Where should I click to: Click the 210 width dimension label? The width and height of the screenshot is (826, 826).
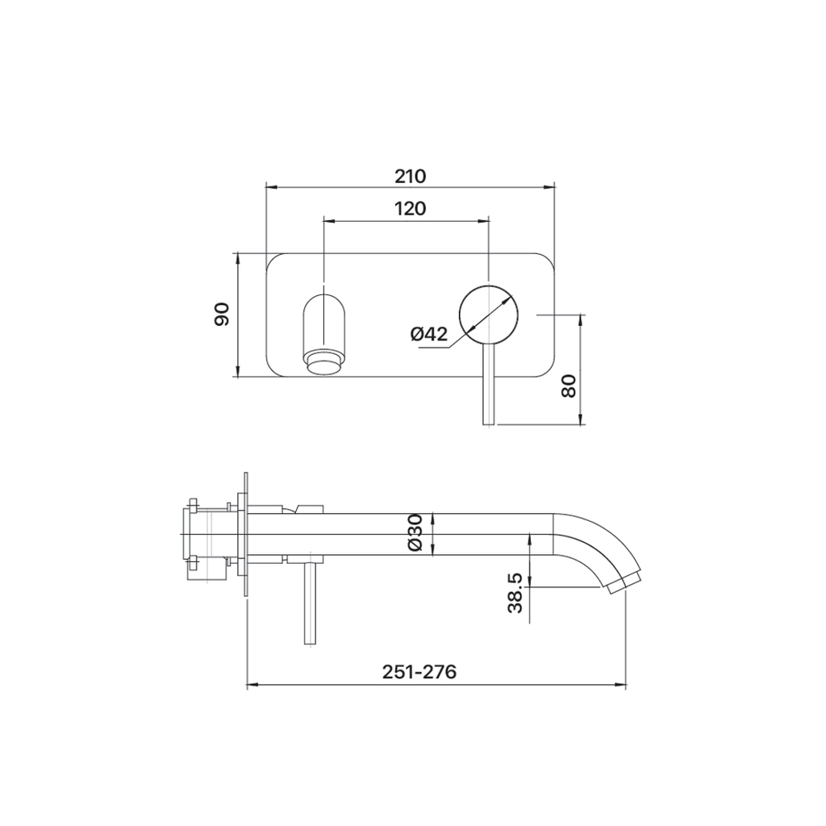(x=411, y=176)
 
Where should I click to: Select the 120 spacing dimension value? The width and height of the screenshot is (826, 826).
(x=411, y=209)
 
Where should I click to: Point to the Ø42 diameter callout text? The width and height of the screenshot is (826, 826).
(x=429, y=334)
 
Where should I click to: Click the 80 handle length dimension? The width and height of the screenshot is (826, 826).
(x=569, y=386)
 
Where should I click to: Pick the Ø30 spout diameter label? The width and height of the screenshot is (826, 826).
(x=415, y=533)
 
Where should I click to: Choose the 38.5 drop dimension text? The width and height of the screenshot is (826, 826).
(x=515, y=594)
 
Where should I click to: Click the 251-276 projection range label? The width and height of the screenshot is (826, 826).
(x=419, y=672)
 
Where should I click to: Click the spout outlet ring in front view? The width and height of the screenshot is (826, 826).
(x=324, y=364)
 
